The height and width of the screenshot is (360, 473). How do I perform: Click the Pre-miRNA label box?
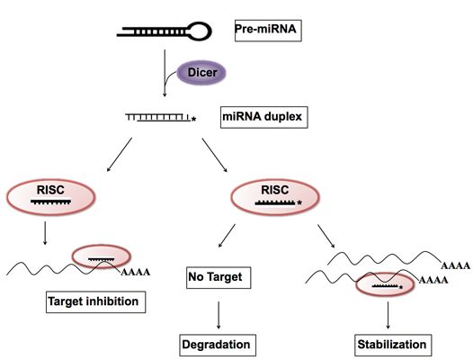tap(268, 31)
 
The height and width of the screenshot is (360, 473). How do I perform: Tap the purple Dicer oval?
tap(201, 73)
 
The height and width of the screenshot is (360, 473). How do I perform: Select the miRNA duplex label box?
tap(264, 117)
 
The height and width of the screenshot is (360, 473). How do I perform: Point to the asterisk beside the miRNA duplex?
tap(193, 120)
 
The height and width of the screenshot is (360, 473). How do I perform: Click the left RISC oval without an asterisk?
tap(50, 197)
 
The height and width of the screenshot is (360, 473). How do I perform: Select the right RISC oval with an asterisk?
tap(275, 197)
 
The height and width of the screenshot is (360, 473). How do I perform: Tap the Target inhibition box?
tap(95, 302)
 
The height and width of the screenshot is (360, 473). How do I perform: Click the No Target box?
tap(219, 277)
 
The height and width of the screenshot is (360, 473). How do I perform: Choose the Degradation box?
tap(218, 346)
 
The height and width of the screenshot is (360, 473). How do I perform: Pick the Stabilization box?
tap(393, 346)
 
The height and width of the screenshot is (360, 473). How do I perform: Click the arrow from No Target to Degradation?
tap(219, 315)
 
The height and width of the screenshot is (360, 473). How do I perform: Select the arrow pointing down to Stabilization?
tap(388, 315)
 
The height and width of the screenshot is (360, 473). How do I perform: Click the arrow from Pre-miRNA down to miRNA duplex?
tap(165, 73)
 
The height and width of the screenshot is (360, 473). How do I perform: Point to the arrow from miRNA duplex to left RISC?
tap(120, 155)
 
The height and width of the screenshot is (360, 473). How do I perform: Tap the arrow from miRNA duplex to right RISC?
tap(215, 155)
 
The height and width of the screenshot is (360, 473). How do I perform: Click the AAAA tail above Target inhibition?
tap(136, 272)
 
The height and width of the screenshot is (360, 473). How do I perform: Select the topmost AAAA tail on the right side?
tap(456, 265)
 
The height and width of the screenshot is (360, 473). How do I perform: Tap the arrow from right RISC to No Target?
tap(227, 236)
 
